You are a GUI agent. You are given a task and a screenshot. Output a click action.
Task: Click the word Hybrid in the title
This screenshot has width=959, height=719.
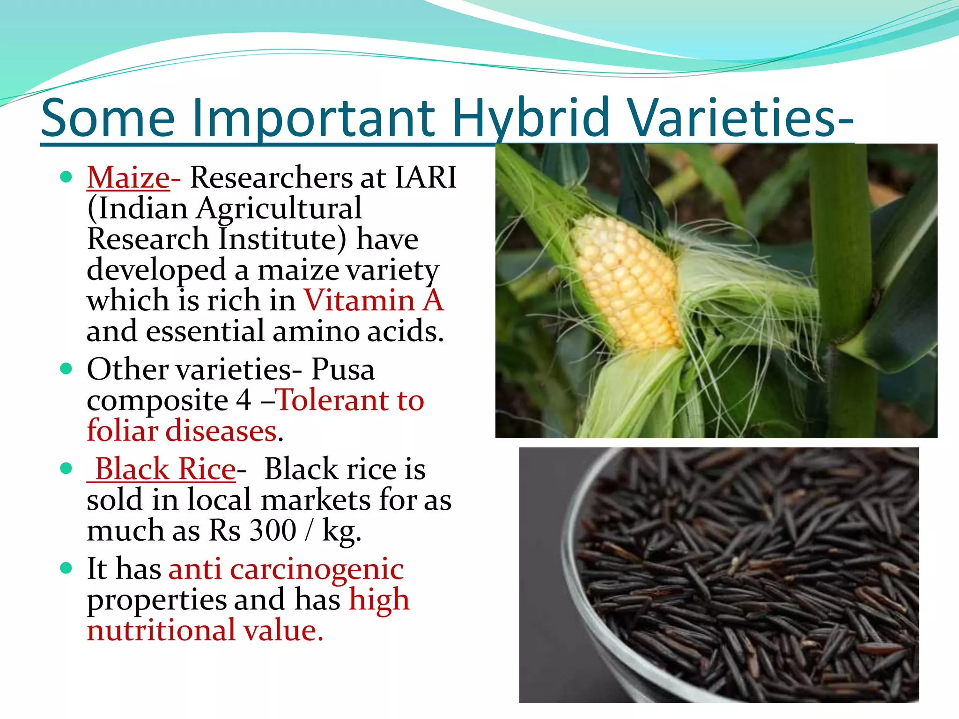pyautogui.click(x=531, y=118)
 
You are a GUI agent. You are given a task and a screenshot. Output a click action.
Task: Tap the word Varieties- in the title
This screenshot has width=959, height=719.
pyautogui.click(x=741, y=118)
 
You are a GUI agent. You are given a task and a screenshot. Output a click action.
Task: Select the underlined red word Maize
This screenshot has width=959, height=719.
pyautogui.click(x=128, y=178)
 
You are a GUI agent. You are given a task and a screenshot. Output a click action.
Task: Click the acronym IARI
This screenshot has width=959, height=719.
pyautogui.click(x=425, y=178)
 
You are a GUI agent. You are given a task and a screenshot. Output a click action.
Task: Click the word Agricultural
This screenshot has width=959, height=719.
pyautogui.click(x=279, y=209)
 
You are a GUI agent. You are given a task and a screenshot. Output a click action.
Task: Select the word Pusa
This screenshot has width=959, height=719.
pyautogui.click(x=343, y=370)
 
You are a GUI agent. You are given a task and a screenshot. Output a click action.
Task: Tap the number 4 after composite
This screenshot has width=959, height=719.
pyautogui.click(x=243, y=401)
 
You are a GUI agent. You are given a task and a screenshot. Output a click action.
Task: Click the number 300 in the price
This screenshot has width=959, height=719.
pyautogui.click(x=273, y=531)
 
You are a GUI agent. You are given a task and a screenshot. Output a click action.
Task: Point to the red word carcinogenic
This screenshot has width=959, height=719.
pyautogui.click(x=317, y=570)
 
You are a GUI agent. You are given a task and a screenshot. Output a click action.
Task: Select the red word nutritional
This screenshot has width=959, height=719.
pyautogui.click(x=161, y=631)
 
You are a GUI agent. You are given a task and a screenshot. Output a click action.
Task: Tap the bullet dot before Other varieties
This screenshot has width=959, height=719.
pyautogui.click(x=66, y=369)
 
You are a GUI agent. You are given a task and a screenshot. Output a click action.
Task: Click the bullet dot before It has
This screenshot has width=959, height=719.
pyautogui.click(x=66, y=568)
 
